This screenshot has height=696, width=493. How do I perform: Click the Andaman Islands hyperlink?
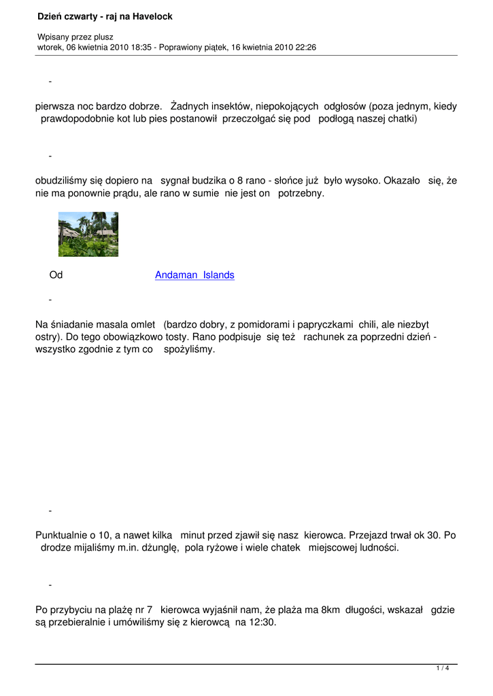(x=194, y=275)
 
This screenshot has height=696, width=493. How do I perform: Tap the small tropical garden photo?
(x=88, y=234)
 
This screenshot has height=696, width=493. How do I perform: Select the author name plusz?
(x=102, y=37)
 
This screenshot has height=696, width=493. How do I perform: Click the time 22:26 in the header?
(x=304, y=48)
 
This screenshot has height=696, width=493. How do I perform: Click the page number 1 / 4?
(x=443, y=669)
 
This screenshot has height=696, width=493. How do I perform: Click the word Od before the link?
(x=56, y=275)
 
